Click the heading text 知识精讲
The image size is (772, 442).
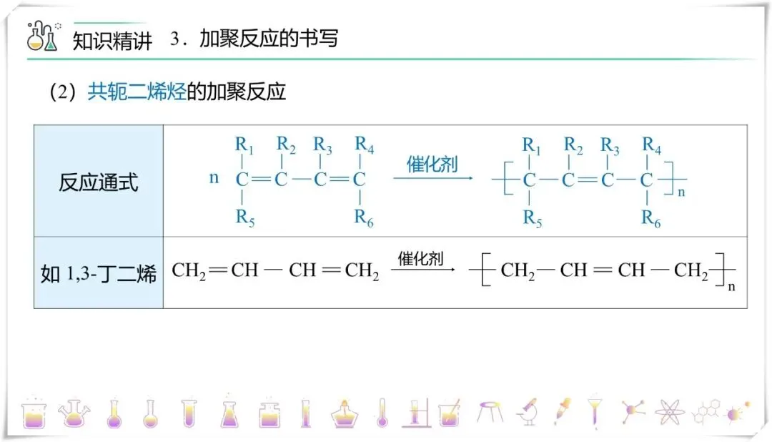(112, 40)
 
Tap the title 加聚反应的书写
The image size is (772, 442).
(268, 39)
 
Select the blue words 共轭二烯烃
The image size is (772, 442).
(137, 92)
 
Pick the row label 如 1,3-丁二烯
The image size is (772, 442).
(98, 273)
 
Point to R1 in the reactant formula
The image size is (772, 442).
(244, 145)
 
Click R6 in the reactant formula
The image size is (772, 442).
(364, 219)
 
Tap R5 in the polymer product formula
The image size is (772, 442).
(532, 218)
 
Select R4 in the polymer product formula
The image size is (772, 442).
(650, 145)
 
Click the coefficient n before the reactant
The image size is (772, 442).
(214, 178)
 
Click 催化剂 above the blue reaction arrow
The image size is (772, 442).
(432, 164)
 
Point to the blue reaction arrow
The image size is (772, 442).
(432, 177)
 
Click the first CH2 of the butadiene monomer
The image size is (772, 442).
(188, 271)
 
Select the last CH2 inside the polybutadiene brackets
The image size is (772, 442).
(691, 271)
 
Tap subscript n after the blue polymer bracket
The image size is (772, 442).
(681, 192)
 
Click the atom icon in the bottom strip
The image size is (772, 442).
(670, 412)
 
